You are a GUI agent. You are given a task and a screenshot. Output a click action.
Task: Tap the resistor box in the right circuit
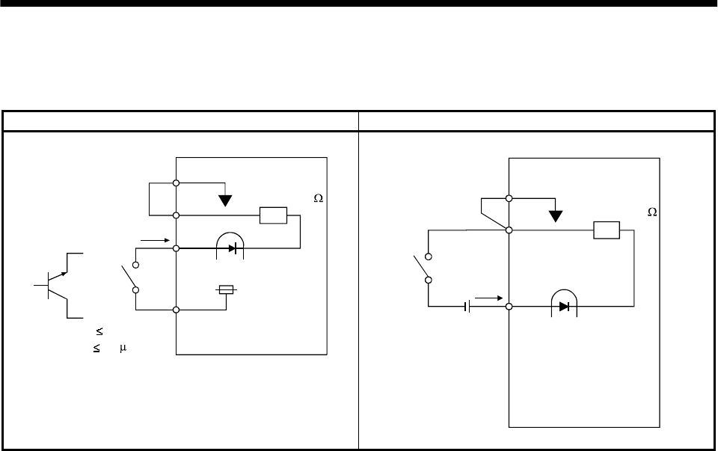click(606, 230)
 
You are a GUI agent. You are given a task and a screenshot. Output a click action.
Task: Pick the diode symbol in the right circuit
click(565, 307)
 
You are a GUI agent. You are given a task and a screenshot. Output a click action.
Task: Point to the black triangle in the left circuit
click(225, 200)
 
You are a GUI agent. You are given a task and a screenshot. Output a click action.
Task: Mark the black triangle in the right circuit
click(554, 216)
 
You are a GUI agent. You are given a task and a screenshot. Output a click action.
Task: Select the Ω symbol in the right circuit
click(651, 212)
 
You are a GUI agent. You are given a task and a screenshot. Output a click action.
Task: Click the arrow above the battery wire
click(486, 298)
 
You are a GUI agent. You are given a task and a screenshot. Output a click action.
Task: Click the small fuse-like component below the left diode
click(226, 289)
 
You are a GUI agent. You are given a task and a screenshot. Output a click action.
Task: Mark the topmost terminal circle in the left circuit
click(176, 182)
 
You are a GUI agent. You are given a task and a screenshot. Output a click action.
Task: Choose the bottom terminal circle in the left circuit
click(176, 310)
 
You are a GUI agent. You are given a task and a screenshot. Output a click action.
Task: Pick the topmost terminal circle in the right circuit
click(509, 198)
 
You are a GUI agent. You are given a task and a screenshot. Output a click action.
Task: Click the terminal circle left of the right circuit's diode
click(509, 307)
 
